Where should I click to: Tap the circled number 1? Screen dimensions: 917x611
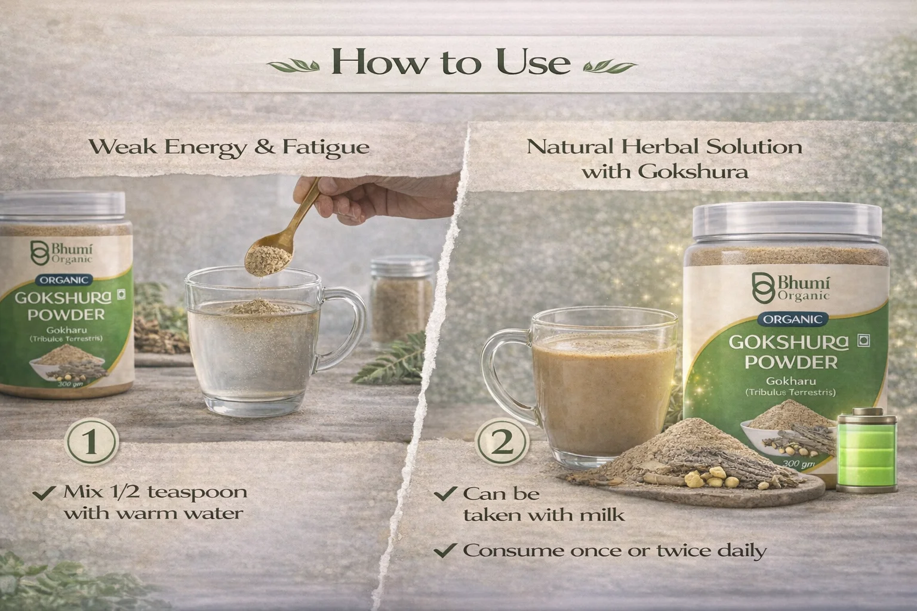[x=91, y=442]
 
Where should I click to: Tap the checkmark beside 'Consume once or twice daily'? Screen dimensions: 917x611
[x=445, y=550]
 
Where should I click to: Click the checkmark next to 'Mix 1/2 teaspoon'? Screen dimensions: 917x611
[x=44, y=492]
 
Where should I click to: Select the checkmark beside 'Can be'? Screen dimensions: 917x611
[x=445, y=493]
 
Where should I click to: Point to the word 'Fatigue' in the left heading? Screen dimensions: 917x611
[x=326, y=148]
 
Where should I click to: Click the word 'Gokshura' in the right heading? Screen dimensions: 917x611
[x=694, y=171]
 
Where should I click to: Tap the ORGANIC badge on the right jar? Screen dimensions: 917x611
[x=793, y=319]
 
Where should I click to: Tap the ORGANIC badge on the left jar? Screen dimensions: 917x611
[x=64, y=280]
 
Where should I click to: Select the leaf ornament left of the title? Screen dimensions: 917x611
[x=294, y=66]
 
